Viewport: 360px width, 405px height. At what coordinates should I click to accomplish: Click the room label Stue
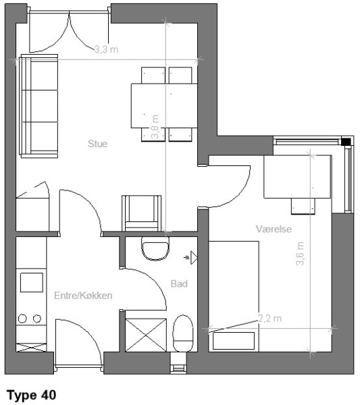coord(97,144)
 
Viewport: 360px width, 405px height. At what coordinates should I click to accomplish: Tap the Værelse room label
coord(274,229)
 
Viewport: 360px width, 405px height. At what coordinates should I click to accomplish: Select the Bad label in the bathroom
coord(179,283)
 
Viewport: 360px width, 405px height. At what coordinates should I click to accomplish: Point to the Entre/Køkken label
coord(83,296)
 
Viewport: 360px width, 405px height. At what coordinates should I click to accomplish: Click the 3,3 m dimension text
coord(107,49)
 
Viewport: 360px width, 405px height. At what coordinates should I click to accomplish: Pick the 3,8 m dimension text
coord(155,127)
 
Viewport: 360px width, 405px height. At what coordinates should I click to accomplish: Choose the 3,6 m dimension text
coord(300,254)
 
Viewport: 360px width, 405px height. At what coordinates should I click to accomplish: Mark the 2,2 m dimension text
coord(269,319)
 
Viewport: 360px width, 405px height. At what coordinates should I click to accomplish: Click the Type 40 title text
coord(31,395)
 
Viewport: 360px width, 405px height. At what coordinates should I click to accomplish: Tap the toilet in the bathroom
coord(183,333)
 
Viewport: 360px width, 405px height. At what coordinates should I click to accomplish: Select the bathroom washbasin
coord(155,248)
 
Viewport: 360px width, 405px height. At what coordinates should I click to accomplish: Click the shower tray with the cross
coord(146,335)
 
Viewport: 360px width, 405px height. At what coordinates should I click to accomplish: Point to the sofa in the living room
coord(38,106)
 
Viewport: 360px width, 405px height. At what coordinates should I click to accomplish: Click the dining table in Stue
coord(164,105)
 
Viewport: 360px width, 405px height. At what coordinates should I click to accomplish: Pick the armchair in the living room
coord(141,213)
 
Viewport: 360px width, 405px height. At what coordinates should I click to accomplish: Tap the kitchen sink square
coord(32,283)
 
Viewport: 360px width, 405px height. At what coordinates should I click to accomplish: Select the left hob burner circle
coord(22,319)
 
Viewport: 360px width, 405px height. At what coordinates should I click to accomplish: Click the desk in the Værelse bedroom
coord(297,177)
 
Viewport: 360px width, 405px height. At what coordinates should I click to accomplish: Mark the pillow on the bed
coord(234,341)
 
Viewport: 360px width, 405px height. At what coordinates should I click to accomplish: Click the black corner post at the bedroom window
coord(346,142)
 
